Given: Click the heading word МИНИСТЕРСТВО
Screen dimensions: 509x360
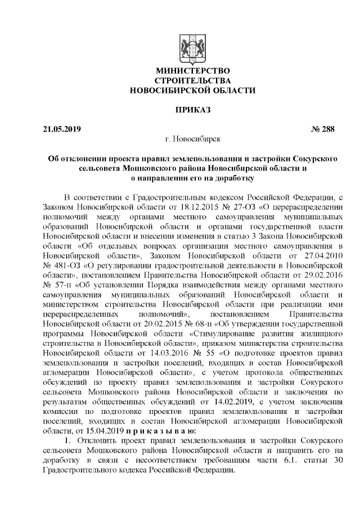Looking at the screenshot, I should pyautogui.click(x=192, y=71).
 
